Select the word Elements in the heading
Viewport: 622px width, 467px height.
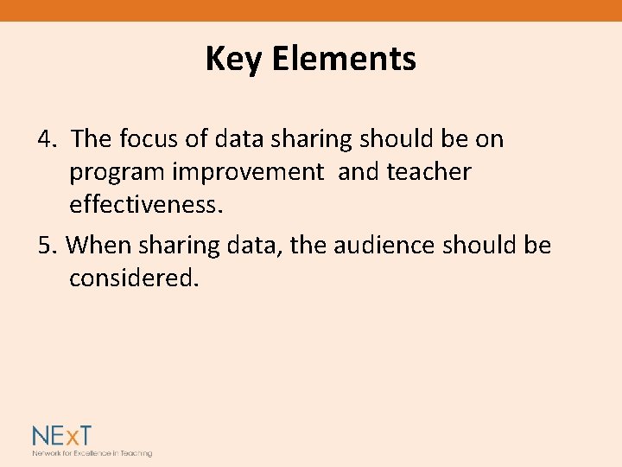point(344,59)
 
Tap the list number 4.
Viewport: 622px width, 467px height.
point(48,138)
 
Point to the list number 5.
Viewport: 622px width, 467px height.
point(48,246)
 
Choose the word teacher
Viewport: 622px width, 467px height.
point(429,171)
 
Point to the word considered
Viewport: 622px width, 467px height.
point(134,278)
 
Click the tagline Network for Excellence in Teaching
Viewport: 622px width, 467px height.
point(92,453)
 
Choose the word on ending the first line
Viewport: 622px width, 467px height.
point(489,139)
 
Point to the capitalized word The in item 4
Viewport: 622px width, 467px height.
point(92,138)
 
